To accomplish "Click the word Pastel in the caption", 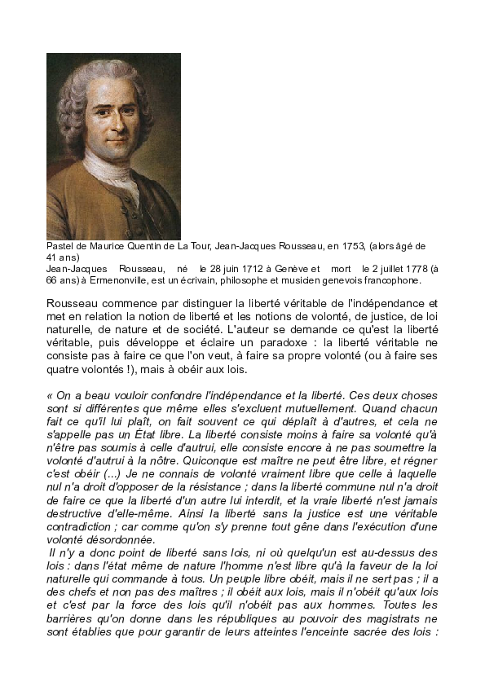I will click(x=60, y=245).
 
